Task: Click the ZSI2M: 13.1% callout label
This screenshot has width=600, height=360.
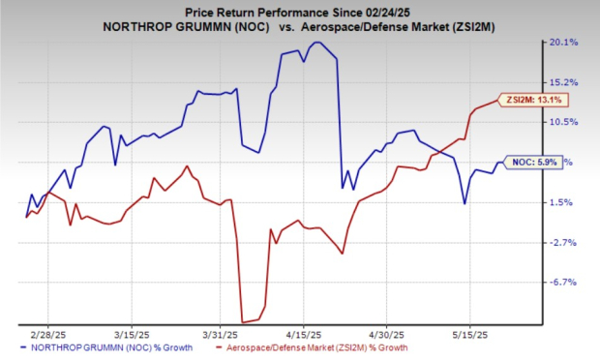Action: pyautogui.click(x=530, y=99)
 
